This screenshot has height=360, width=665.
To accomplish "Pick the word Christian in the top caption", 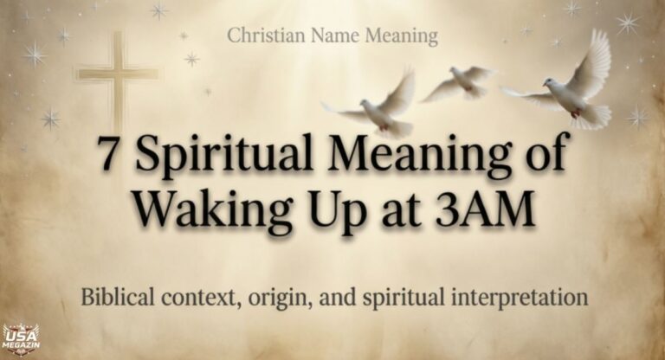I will pos(263,36).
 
